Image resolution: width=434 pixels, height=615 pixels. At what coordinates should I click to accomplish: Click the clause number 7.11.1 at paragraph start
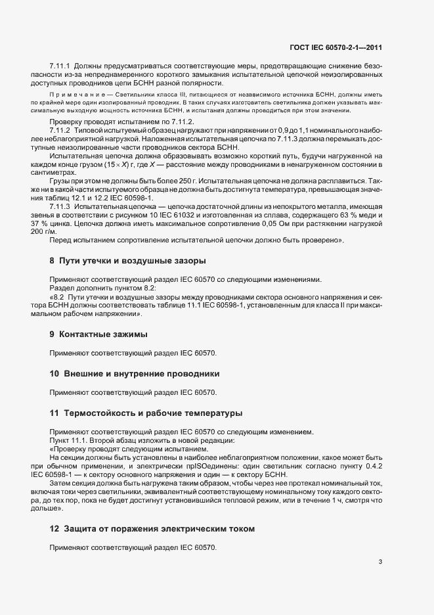click(x=60, y=66)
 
